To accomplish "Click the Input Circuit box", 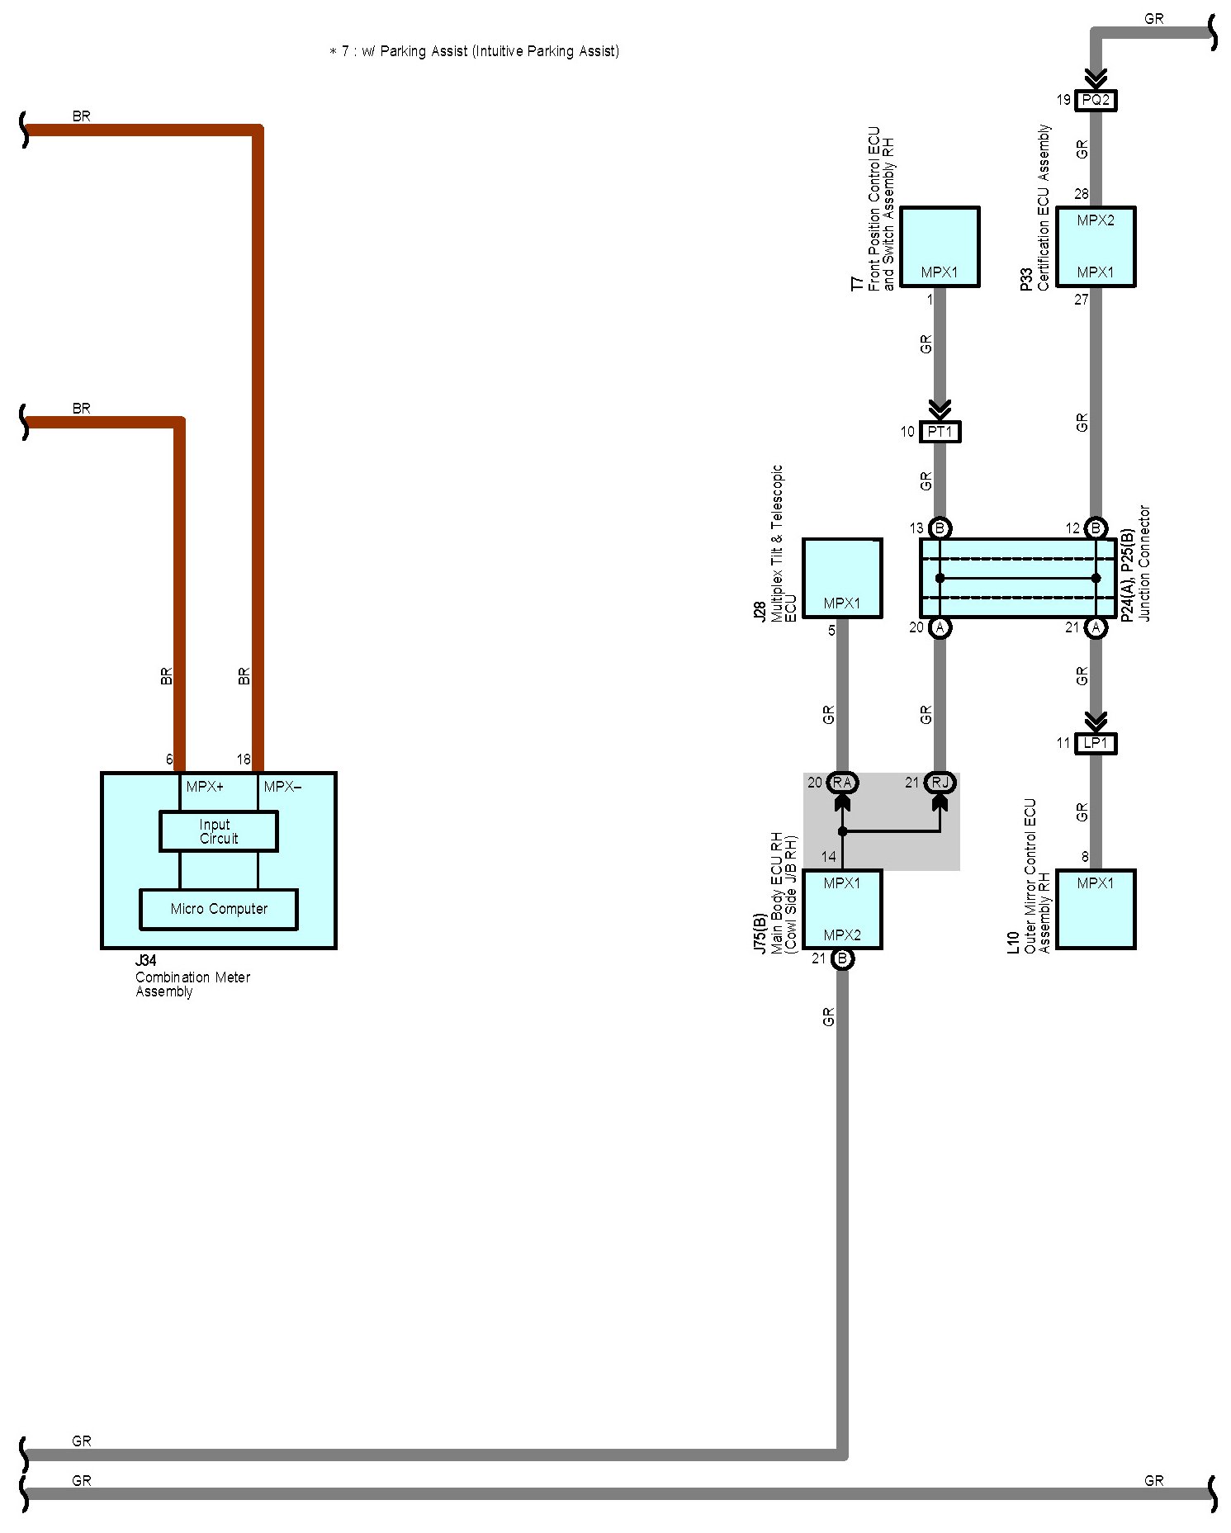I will pyautogui.click(x=218, y=831).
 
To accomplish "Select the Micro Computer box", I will pyautogui.click(x=219, y=909).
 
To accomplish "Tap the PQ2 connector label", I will pyautogui.click(x=1096, y=101).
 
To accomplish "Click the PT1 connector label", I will pyautogui.click(x=940, y=432).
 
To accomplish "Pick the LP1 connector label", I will pyautogui.click(x=1096, y=744).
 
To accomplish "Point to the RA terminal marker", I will pyautogui.click(x=842, y=783).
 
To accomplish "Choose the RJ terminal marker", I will pyautogui.click(x=940, y=783).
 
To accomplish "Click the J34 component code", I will pyautogui.click(x=145, y=961).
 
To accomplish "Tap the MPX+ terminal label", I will pyautogui.click(x=205, y=787).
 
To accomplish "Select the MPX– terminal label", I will pyautogui.click(x=282, y=787).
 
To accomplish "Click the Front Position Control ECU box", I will pyautogui.click(x=940, y=247).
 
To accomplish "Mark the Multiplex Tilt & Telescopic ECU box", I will pyautogui.click(x=842, y=579).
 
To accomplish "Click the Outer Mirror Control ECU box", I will pyautogui.click(x=1096, y=910).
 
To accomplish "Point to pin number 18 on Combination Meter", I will pyautogui.click(x=244, y=759).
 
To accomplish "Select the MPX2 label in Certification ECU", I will pyautogui.click(x=1096, y=221).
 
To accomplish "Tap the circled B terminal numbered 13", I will pyautogui.click(x=940, y=528).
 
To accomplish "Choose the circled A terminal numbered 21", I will pyautogui.click(x=1096, y=628).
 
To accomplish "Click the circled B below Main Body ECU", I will pyautogui.click(x=842, y=959).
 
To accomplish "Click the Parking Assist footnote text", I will pyautogui.click(x=474, y=51).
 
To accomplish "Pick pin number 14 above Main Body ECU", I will pyautogui.click(x=828, y=857).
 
